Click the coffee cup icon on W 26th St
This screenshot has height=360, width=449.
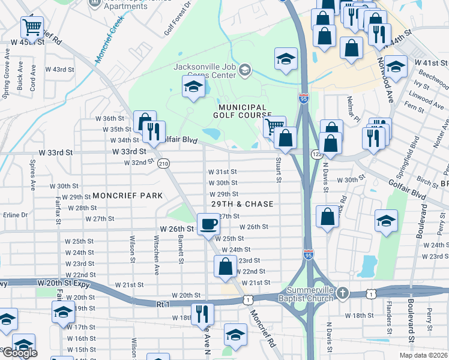click(208, 224)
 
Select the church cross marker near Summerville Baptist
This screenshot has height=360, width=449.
click(342, 293)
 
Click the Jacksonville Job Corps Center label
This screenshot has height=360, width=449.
click(205, 71)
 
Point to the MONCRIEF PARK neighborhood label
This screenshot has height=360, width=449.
click(127, 196)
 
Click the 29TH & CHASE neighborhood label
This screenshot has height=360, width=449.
click(242, 204)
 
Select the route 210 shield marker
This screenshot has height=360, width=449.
click(163, 163)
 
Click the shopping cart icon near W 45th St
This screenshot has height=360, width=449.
click(32, 27)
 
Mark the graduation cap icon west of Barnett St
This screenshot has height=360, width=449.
click(62, 313)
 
